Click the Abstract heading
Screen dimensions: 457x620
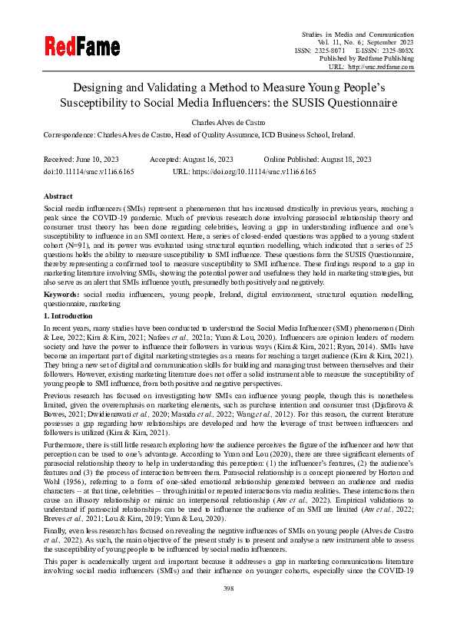(58, 196)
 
